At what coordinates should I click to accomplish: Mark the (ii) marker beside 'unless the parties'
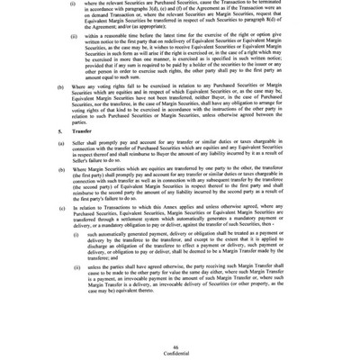coord(76,267)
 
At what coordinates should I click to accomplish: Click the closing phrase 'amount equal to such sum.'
coord(117,76)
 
